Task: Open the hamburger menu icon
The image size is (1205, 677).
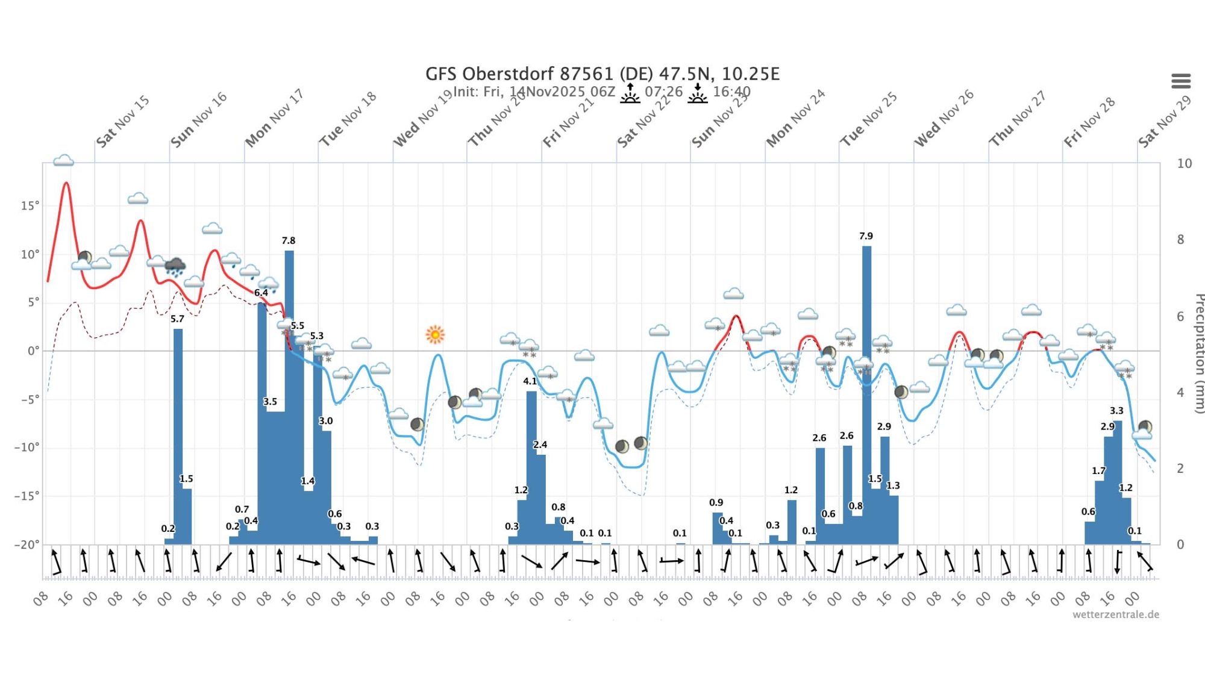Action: [x=1181, y=81]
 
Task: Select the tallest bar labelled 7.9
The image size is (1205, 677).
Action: [x=866, y=392]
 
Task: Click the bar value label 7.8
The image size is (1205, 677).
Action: [x=289, y=240]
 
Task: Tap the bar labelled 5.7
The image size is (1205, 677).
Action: [x=178, y=434]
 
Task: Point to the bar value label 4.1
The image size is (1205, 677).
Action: [x=530, y=381]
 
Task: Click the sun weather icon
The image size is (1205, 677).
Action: [x=435, y=334]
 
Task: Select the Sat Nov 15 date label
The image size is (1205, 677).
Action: [x=123, y=122]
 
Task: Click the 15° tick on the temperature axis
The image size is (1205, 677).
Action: [x=30, y=205]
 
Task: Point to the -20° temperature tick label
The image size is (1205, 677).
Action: [x=27, y=544]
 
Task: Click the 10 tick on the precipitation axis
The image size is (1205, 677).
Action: [x=1185, y=163]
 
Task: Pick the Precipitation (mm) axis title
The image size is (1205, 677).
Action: [x=1199, y=353]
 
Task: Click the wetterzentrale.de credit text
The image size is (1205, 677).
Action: [x=1115, y=614]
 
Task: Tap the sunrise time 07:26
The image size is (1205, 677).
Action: [x=663, y=92]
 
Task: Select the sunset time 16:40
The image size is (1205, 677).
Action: [x=731, y=92]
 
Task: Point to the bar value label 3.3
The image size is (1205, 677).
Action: [x=1116, y=410]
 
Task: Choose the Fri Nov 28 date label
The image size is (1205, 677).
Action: [x=1089, y=122]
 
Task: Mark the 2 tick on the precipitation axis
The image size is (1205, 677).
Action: [x=1180, y=468]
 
